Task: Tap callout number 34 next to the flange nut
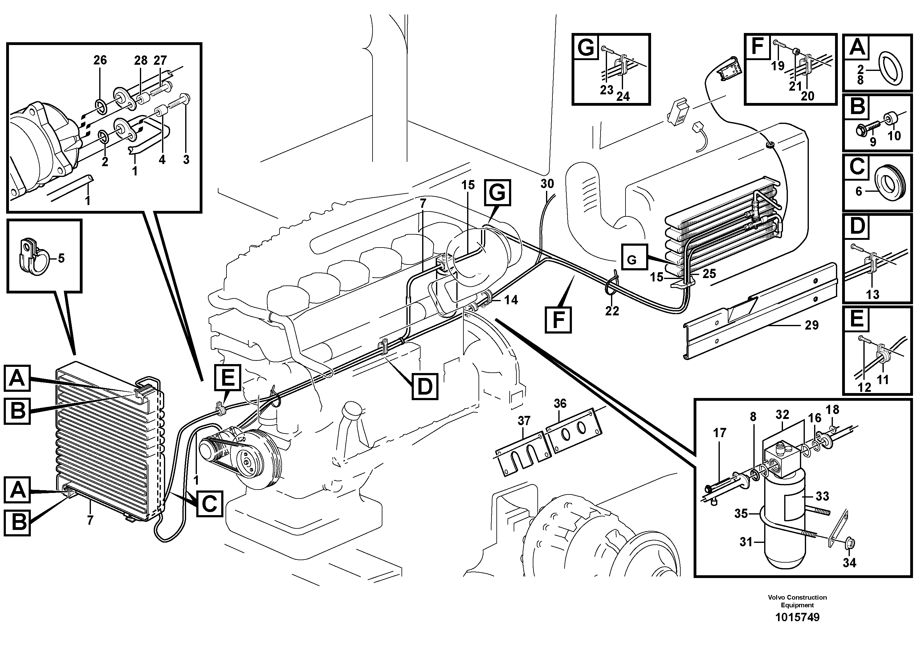coord(850,563)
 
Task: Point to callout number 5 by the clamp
coord(61,258)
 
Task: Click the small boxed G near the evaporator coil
coord(631,260)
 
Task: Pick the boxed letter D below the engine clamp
coord(425,386)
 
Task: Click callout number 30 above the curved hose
coord(547,184)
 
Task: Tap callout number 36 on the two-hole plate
coord(560,404)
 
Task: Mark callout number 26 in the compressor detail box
coord(100,60)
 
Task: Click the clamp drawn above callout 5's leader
coord(32,255)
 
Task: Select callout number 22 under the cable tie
coord(612,311)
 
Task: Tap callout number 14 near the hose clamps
coord(511,300)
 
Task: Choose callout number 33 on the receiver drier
coord(822,496)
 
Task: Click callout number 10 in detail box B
coord(894,136)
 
